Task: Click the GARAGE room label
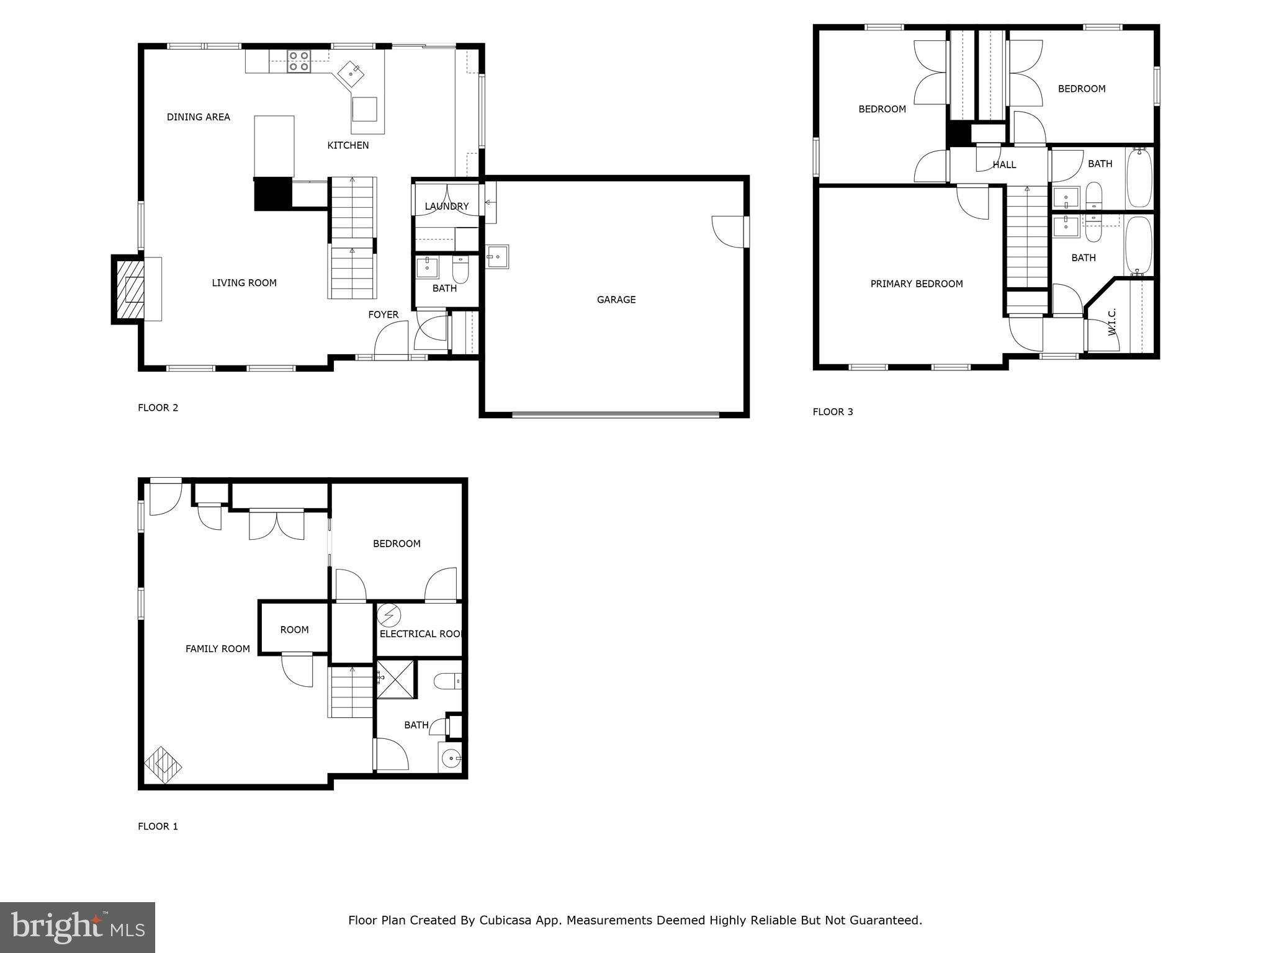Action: pyautogui.click(x=616, y=300)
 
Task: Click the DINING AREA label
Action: pyautogui.click(x=198, y=117)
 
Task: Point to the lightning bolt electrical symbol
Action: pyautogui.click(x=389, y=615)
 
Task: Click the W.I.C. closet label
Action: pyautogui.click(x=1112, y=321)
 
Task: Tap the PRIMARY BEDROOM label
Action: pyautogui.click(x=916, y=284)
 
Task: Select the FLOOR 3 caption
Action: pyautogui.click(x=832, y=411)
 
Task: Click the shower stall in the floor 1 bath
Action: pyautogui.click(x=395, y=679)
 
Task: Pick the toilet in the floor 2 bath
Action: pyautogui.click(x=460, y=270)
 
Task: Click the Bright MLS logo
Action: pyautogui.click(x=78, y=927)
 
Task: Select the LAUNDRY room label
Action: pyautogui.click(x=446, y=206)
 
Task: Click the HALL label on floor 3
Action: pyautogui.click(x=1004, y=164)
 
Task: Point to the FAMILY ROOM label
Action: pyautogui.click(x=217, y=648)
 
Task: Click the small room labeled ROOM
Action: pyautogui.click(x=294, y=629)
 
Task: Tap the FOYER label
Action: pyautogui.click(x=383, y=315)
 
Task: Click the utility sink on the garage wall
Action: pyautogui.click(x=497, y=256)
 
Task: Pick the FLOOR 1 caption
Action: pyautogui.click(x=158, y=826)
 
